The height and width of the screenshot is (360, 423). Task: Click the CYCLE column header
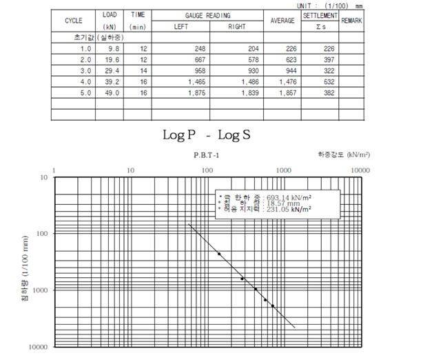click(x=74, y=21)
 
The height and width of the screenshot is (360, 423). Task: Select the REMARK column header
click(x=351, y=21)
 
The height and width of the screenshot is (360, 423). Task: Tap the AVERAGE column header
click(x=282, y=21)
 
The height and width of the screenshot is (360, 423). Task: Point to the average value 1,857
click(x=285, y=92)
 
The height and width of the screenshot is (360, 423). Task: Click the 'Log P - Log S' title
click(x=206, y=134)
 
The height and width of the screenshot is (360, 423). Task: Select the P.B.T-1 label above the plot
click(x=206, y=155)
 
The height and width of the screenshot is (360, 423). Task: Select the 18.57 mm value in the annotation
click(x=279, y=203)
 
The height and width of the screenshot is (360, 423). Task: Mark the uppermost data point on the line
click(x=219, y=254)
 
